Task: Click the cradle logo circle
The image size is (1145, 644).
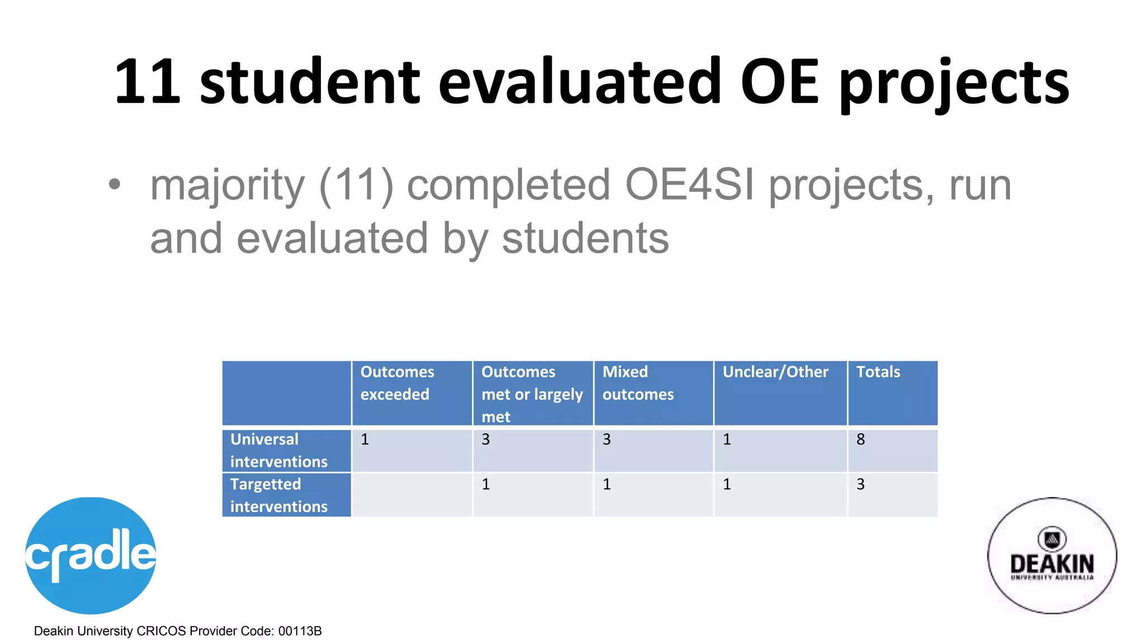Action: [x=91, y=555]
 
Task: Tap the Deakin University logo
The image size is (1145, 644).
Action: [x=1052, y=556]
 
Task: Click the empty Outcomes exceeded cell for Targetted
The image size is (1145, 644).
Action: [x=412, y=495]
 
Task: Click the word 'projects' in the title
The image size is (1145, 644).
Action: [x=954, y=84]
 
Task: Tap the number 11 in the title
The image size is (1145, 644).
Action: [x=148, y=83]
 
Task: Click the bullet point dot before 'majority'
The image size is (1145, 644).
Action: [x=115, y=184]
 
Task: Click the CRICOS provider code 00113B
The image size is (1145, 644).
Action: [x=300, y=631]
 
